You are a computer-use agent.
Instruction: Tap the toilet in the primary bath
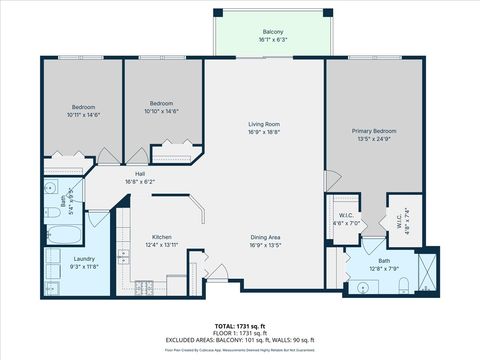pyautogui.click(x=400, y=288)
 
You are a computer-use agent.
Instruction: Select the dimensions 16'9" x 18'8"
pyautogui.click(x=264, y=132)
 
